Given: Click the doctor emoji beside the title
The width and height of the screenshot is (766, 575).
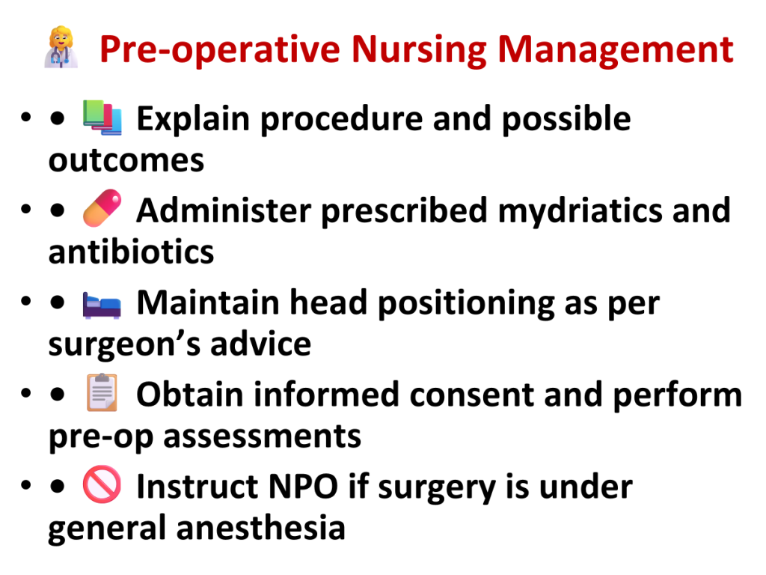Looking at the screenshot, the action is [x=61, y=47].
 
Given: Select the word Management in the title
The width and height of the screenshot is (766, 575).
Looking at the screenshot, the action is [x=616, y=50].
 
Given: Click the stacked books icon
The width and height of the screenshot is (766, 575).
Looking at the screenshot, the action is [x=102, y=118].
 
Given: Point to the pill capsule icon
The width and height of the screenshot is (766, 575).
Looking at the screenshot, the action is [x=102, y=208].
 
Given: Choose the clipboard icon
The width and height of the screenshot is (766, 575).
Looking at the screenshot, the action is [x=102, y=392].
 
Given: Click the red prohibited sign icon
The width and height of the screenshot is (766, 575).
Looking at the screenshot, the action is [x=102, y=484].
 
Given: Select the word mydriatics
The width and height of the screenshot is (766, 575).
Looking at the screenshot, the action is [x=580, y=211].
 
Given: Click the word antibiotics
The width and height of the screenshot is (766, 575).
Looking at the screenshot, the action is [x=132, y=252].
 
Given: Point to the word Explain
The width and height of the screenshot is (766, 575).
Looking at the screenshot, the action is [x=193, y=119].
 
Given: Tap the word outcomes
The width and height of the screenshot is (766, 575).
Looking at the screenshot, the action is [x=126, y=162].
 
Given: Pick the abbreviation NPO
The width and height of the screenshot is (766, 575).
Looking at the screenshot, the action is [x=304, y=487].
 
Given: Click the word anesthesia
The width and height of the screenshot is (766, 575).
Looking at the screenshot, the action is [x=261, y=529].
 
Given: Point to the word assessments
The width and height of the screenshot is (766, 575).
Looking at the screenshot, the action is [x=263, y=437].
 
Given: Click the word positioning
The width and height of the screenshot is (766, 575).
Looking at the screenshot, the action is [x=467, y=304].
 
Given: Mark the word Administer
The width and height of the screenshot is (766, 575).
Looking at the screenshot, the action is [x=224, y=210].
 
